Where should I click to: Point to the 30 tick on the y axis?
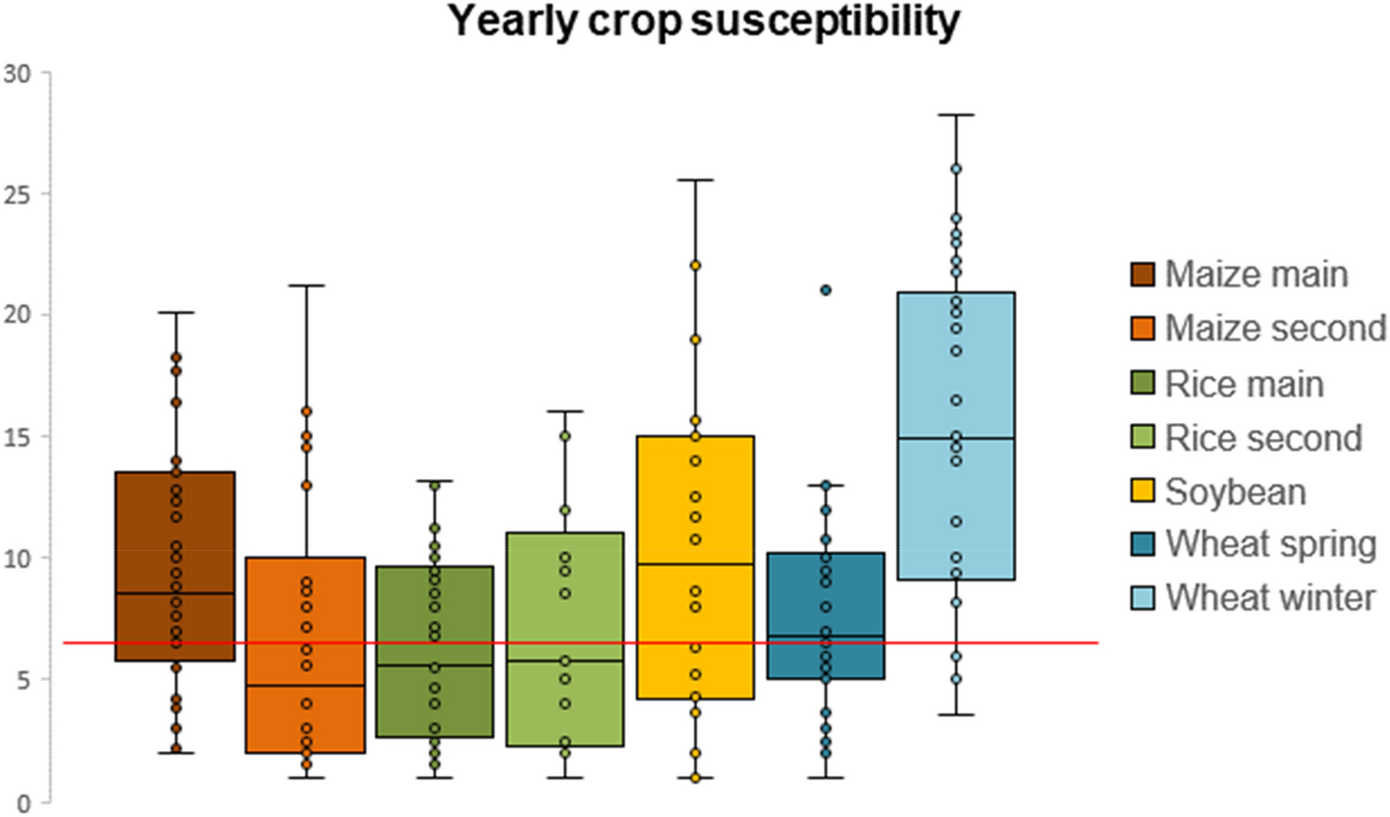pyautogui.click(x=18, y=73)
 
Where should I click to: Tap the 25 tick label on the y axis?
pyautogui.click(x=18, y=193)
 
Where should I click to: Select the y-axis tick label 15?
pyautogui.click(x=18, y=436)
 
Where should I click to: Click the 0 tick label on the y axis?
pyautogui.click(x=23, y=801)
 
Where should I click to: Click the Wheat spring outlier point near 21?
pyautogui.click(x=826, y=290)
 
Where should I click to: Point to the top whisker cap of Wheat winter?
pyautogui.click(x=955, y=115)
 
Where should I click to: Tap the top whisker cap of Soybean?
pyautogui.click(x=695, y=181)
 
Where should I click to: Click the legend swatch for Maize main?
pyautogui.click(x=1143, y=274)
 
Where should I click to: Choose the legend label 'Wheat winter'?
pyautogui.click(x=1270, y=597)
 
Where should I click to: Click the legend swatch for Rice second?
pyautogui.click(x=1143, y=437)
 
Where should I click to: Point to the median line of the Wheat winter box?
pyautogui.click(x=955, y=438)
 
